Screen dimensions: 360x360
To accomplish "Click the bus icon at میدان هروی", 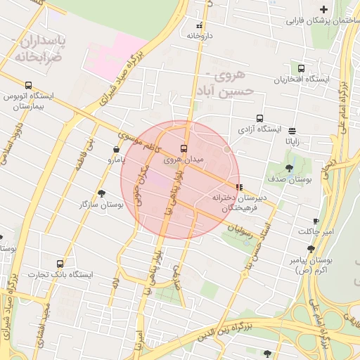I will click(x=184, y=149).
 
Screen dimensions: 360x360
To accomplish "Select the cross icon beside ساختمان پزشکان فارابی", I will click(x=323, y=9).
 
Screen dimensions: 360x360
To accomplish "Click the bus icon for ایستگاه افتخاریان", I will click(x=302, y=69).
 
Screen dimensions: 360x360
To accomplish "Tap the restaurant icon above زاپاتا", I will click(x=292, y=131).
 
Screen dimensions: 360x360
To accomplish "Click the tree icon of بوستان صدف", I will click(x=290, y=168).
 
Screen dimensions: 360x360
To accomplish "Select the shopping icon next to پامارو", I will click(x=116, y=149).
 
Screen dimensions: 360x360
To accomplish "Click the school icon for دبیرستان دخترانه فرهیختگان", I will click(x=240, y=188).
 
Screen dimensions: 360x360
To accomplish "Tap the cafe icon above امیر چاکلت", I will click(x=316, y=221).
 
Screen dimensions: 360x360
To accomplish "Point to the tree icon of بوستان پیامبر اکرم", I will click(x=311, y=249).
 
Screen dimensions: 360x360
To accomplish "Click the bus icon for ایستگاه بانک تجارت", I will click(x=59, y=264).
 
